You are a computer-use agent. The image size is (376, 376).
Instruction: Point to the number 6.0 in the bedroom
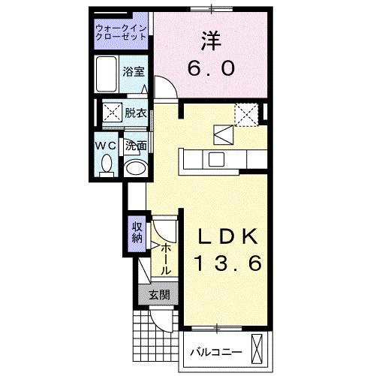pyautogui.click(x=211, y=68)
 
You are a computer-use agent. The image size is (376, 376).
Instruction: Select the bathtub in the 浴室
pyautogui.click(x=107, y=73)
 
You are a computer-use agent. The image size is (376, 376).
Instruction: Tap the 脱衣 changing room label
pyautogui.click(x=136, y=114)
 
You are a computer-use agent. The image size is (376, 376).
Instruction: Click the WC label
pyautogui.click(x=104, y=145)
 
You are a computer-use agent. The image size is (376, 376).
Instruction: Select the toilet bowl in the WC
pyautogui.click(x=106, y=163)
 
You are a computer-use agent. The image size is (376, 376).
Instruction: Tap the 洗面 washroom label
pyautogui.click(x=135, y=145)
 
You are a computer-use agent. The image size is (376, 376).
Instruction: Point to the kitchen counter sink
pyautogui.click(x=216, y=158)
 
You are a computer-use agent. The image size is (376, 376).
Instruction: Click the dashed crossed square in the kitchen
pyautogui.click(x=246, y=114)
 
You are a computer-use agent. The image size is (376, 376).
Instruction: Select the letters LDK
pyautogui.click(x=229, y=236)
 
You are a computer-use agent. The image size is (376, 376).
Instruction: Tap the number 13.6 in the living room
pyautogui.click(x=229, y=263)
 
